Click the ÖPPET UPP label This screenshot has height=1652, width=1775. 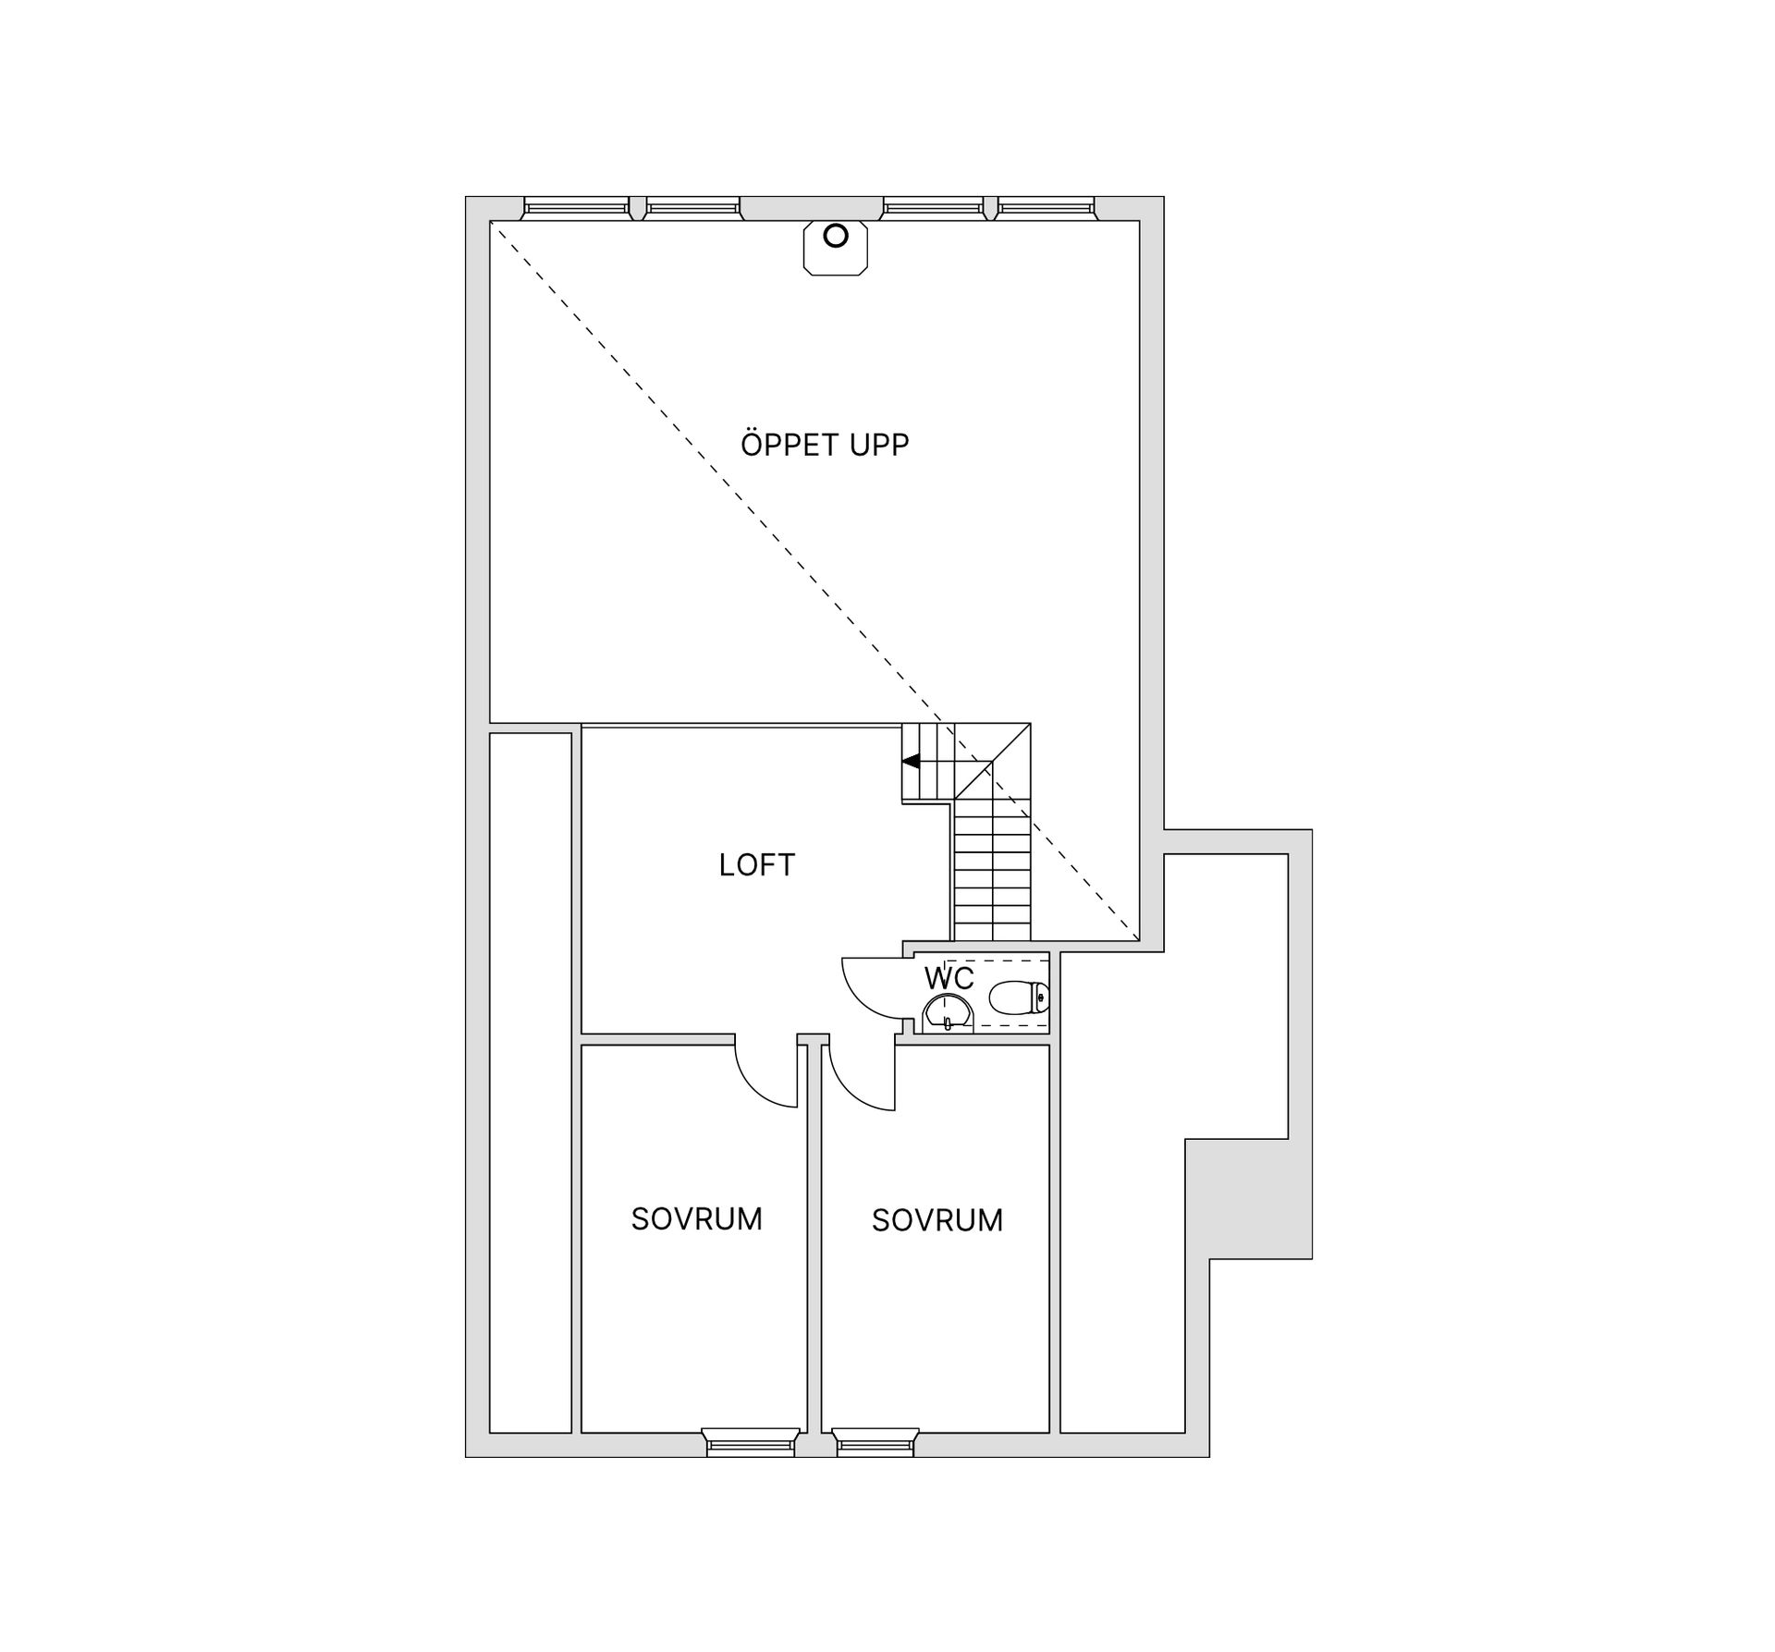pos(825,444)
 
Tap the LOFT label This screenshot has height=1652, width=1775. pos(756,865)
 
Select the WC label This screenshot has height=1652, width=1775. pos(949,979)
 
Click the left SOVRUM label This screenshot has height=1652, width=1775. pos(697,1219)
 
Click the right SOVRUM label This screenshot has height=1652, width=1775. pos(937,1220)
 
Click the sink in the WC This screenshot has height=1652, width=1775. pos(948,1011)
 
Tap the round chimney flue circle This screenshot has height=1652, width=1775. pos(835,236)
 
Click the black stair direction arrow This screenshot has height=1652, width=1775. pos(912,762)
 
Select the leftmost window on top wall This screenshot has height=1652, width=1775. pos(576,208)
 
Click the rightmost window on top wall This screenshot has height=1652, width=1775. pos(1045,208)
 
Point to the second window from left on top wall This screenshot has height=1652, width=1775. pos(692,208)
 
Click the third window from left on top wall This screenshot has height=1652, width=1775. pos(933,208)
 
